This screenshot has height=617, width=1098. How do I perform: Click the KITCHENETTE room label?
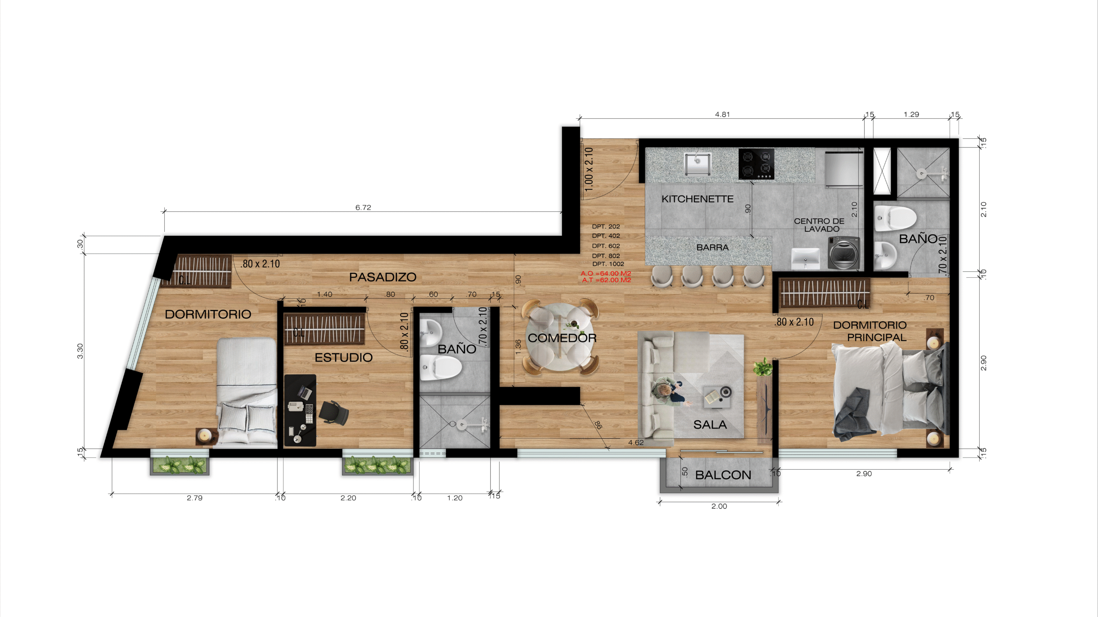(697, 199)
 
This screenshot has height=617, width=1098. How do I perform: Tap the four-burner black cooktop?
(756, 164)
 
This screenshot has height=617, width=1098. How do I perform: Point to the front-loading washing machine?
(844, 253)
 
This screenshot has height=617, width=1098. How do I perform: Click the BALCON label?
(723, 475)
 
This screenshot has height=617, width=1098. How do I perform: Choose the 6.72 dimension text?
(363, 207)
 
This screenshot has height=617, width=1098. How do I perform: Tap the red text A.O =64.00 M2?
(606, 273)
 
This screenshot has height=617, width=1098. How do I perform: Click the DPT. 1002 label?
(608, 264)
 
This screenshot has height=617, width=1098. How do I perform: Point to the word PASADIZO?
(383, 277)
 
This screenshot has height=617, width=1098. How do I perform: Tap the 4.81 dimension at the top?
(722, 114)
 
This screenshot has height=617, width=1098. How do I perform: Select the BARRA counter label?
(712, 248)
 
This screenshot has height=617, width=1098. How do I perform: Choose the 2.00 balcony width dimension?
(719, 506)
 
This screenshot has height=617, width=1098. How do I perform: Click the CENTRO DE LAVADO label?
(820, 225)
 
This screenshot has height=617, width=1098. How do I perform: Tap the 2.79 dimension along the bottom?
(195, 498)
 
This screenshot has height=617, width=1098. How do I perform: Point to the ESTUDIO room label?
(344, 357)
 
